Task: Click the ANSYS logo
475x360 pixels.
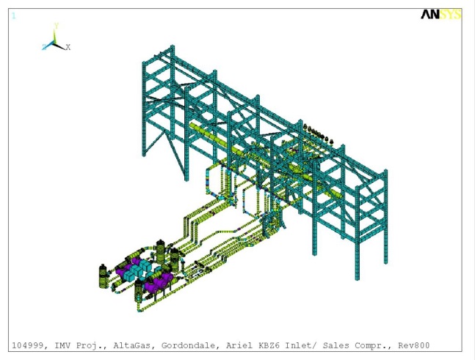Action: click(440, 14)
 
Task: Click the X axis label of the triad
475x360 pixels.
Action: click(68, 47)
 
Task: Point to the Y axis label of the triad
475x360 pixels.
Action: click(57, 26)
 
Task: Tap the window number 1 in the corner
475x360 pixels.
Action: click(13, 15)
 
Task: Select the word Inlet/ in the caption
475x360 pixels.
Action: click(293, 345)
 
